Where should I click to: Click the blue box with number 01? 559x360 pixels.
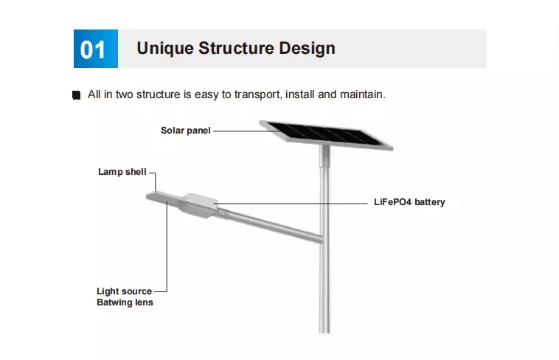[94, 49]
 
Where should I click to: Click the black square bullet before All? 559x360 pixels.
[76, 96]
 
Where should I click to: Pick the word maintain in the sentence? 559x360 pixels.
[361, 94]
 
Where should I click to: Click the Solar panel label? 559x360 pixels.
[186, 131]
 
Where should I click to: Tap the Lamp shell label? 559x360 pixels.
[122, 172]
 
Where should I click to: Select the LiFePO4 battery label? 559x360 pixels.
[409, 201]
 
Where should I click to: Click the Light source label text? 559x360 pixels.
[124, 291]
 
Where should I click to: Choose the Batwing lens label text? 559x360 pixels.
[125, 302]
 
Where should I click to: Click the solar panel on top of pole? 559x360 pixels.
[327, 136]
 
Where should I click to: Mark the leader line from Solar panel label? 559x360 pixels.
[236, 131]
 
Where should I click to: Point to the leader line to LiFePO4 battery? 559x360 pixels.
[295, 201]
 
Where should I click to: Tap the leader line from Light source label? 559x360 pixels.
[167, 251]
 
